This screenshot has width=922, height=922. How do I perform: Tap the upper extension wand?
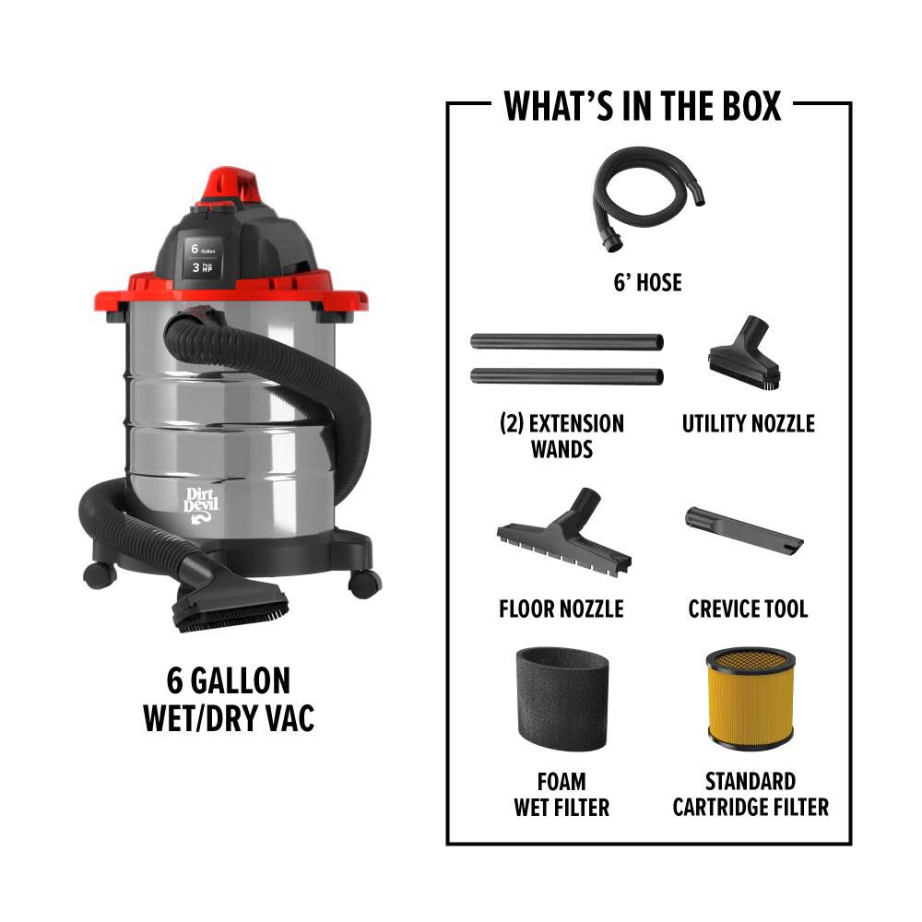tap(566, 341)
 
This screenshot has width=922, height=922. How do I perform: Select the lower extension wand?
tap(566, 376)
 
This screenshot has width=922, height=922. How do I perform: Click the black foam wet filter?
tap(561, 699)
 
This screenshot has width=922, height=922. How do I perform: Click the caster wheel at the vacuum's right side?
tap(365, 583)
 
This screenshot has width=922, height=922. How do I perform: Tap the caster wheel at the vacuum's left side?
tap(99, 575)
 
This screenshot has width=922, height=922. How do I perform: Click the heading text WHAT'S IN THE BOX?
tap(643, 106)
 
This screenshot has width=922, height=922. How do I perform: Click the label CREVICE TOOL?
tap(748, 609)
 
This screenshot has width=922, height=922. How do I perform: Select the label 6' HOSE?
tap(647, 283)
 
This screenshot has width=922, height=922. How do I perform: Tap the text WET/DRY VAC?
tap(229, 718)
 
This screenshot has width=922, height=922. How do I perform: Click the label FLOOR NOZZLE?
tap(561, 609)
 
